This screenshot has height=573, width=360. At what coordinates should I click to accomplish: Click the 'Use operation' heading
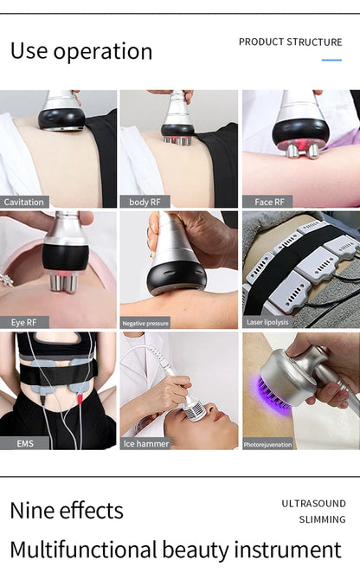coord(80,51)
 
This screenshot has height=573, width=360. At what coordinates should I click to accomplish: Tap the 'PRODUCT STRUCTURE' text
coord(290,42)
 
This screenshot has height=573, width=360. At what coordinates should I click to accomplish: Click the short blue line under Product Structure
coord(331,60)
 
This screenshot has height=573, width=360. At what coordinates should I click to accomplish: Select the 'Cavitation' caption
coord(24,202)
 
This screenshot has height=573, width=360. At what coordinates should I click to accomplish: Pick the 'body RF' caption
coord(145,202)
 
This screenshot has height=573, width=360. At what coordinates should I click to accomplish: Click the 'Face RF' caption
coord(268,202)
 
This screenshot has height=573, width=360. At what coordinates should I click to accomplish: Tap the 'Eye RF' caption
coord(23,322)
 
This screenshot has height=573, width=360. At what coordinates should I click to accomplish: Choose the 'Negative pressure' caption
coord(145,323)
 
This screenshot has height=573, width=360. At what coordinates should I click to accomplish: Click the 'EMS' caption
coord(25,443)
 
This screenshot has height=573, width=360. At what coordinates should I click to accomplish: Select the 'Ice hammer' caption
coord(146,443)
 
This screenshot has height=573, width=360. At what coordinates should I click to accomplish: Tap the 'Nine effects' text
coord(67,511)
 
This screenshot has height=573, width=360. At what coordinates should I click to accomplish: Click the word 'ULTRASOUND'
coord(313,503)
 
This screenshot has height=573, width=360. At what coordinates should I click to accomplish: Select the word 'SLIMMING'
coord(322,519)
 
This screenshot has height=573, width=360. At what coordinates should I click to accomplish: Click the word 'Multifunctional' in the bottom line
coord(82,550)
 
